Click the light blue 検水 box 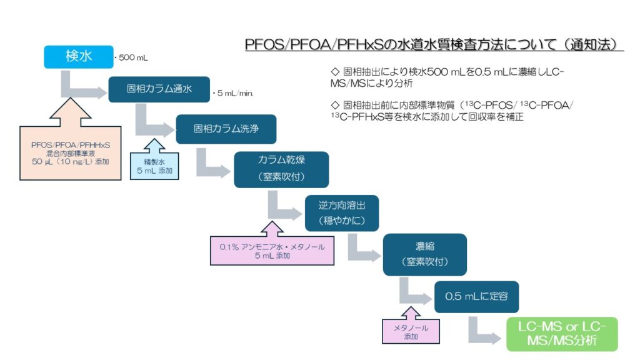[x=79, y=57]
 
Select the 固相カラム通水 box [x=159, y=89]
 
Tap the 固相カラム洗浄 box [x=226, y=129]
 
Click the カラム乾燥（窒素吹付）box [x=281, y=169]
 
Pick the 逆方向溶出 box [x=341, y=213]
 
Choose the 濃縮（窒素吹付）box [x=424, y=254]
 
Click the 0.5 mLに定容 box [x=476, y=297]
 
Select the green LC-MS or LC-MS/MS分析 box [x=562, y=334]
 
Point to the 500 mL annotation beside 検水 [x=131, y=58]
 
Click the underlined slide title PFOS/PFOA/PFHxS [x=434, y=45]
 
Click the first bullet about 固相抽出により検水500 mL [x=447, y=77]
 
